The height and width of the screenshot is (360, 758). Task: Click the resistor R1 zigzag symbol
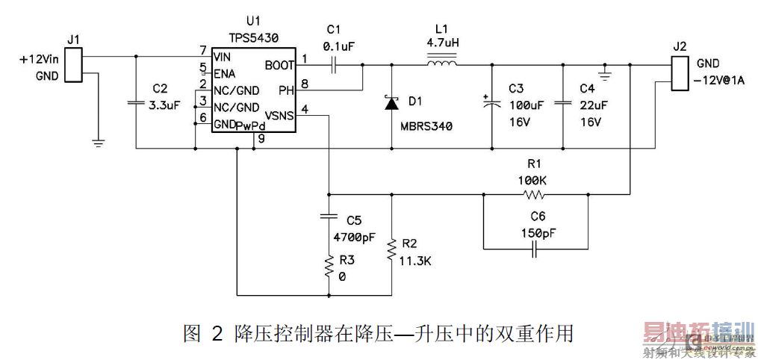[535, 196]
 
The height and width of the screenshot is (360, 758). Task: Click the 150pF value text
[537, 233]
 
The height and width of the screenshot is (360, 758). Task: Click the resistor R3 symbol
[328, 266]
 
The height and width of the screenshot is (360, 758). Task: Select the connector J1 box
[72, 65]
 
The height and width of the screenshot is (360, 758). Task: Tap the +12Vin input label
[38, 58]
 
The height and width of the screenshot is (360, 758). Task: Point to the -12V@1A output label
[720, 80]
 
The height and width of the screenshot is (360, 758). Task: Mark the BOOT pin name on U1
[279, 66]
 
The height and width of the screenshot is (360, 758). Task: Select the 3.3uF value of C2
[165, 106]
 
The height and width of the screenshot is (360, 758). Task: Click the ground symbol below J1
[97, 140]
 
